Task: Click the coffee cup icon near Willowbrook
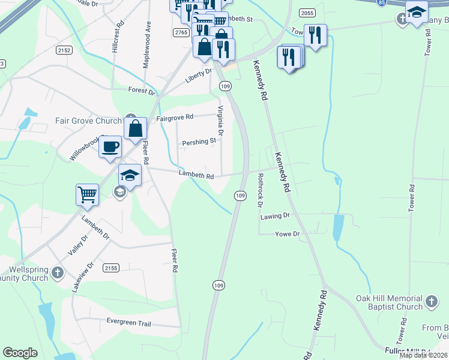coord(110,146)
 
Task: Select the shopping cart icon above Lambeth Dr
coord(88,194)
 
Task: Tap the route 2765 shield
coord(181,32)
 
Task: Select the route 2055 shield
coord(307,13)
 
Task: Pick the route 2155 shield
coord(110,268)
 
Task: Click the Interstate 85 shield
coord(382,2)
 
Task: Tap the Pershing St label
coord(200,142)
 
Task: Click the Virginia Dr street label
coord(220,120)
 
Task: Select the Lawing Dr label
coord(275,215)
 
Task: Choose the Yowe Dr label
coord(287,234)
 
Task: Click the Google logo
coord(20,353)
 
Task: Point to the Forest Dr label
coord(142,91)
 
